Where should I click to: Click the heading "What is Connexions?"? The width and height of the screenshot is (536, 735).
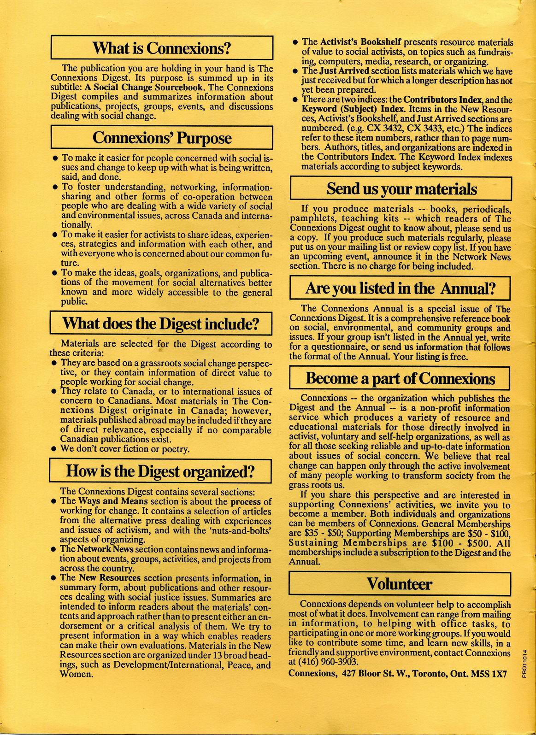pyautogui.click(x=161, y=48)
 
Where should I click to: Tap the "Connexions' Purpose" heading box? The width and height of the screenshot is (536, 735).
pyautogui.click(x=162, y=137)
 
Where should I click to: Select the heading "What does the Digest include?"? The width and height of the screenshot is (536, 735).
pyautogui.click(x=161, y=324)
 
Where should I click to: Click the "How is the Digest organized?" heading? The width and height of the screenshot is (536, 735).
pyautogui.click(x=161, y=471)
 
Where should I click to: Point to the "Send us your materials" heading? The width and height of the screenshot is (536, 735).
pyautogui.click(x=401, y=189)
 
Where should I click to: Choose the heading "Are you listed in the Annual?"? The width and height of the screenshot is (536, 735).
pyautogui.click(x=400, y=288)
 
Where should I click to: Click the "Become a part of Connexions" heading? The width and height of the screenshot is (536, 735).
pyautogui.click(x=400, y=379)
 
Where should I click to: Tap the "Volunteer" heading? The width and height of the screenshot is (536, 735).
pyautogui.click(x=400, y=584)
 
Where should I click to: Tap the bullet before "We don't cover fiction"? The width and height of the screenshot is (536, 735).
pyautogui.click(x=54, y=449)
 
